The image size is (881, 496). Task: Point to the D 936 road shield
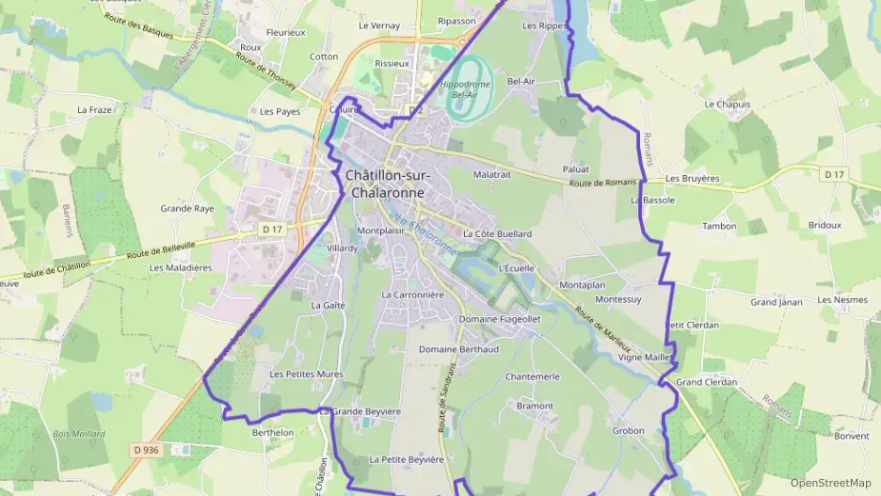pos(146,450)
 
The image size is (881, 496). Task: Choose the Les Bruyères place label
pos(692,178)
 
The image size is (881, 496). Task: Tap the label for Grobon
pos(628,431)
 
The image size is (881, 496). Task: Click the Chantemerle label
pos(532,376)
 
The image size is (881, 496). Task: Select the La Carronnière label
pos(411,295)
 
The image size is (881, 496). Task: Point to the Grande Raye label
pos(186,209)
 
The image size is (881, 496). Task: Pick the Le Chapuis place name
pos(727,104)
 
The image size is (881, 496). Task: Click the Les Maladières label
pos(181,267)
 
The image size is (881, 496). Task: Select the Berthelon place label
pos(273,433)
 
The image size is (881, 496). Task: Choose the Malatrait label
pos(491,174)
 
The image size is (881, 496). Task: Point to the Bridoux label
pos(824,225)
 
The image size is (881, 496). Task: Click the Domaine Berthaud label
pos(457,349)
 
